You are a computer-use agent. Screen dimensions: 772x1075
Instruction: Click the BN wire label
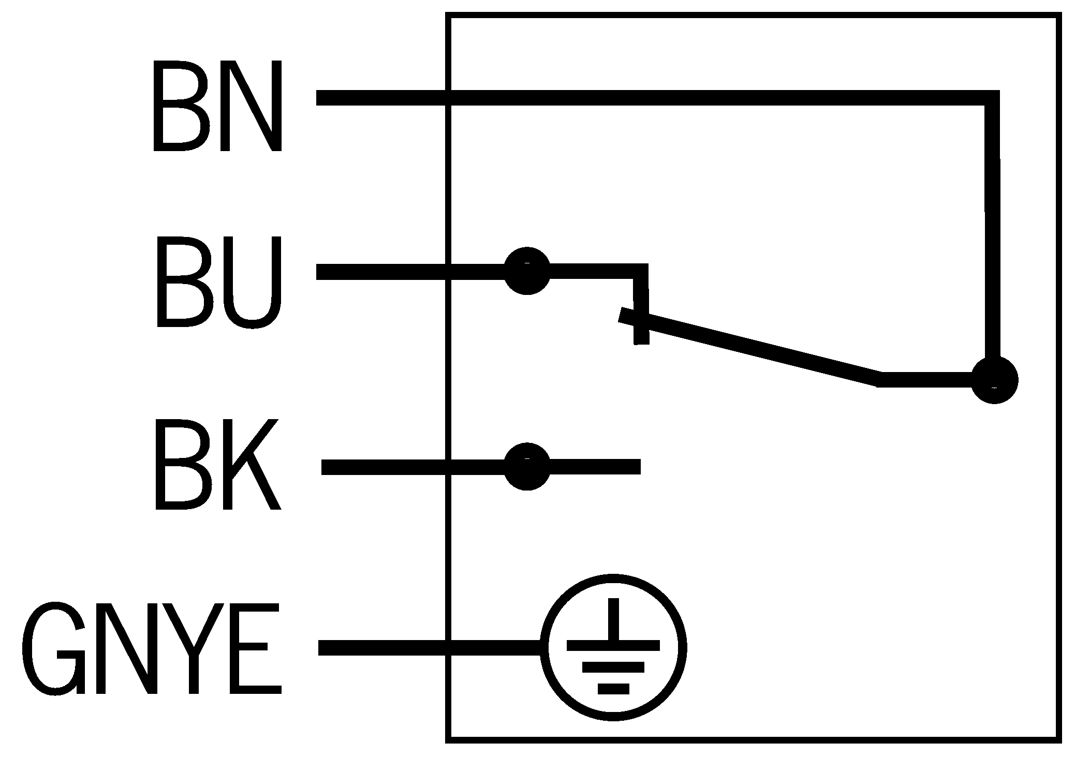[x=217, y=106]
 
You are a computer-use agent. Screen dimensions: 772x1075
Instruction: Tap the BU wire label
[x=218, y=282]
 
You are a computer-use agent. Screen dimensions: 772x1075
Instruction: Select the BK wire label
[x=217, y=465]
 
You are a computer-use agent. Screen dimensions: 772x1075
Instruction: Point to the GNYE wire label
[x=151, y=648]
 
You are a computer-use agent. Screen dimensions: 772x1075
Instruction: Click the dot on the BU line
[x=527, y=271]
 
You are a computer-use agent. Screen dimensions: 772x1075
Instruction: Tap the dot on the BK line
[x=527, y=466]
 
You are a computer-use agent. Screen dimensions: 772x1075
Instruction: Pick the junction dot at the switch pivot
[x=994, y=380]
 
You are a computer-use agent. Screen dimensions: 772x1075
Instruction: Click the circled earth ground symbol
[x=613, y=647]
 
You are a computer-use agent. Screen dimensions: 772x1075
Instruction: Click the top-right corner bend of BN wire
[x=992, y=98]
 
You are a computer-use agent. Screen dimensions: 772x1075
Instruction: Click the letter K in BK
[x=251, y=465]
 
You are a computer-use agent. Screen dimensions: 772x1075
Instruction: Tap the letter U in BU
[x=251, y=283]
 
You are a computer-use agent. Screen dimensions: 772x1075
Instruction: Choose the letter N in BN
[x=251, y=106]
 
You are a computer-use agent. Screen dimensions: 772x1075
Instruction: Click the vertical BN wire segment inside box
[x=992, y=233]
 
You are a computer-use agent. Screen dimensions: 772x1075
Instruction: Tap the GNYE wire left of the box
[x=383, y=647]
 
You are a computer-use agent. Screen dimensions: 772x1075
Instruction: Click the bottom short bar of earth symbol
[x=613, y=689]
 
